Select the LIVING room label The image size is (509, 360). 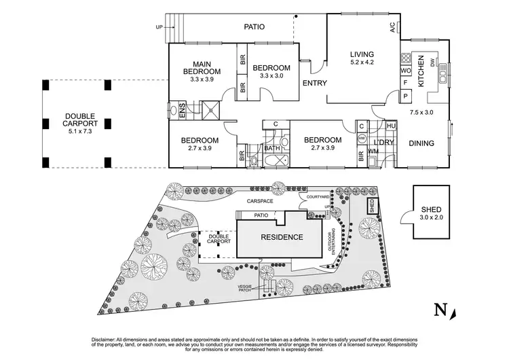[x=362, y=55]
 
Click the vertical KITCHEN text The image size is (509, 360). [x=421, y=71]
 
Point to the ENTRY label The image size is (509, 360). [x=314, y=84]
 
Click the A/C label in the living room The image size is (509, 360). [x=392, y=27]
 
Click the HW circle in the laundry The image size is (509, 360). [x=361, y=138]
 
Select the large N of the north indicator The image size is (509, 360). [x=440, y=310]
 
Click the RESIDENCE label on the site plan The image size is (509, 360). [x=281, y=237]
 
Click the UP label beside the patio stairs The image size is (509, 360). [x=160, y=28]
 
